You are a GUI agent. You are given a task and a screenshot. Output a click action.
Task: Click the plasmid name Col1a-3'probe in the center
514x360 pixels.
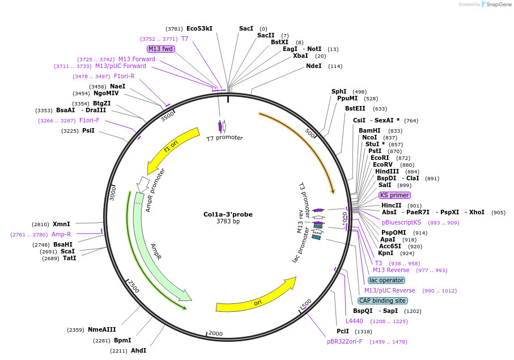tap(228, 214)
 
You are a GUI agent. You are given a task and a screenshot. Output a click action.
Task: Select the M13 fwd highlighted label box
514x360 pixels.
tap(160, 49)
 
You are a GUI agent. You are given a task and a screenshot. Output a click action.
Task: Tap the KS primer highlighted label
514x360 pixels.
tap(394, 195)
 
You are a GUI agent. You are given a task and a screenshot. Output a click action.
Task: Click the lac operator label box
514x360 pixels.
tap(386, 280)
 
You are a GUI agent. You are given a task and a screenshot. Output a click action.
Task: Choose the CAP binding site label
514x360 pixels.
tap(382, 300)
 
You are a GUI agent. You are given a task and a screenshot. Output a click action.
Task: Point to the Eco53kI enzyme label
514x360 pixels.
tap(199, 28)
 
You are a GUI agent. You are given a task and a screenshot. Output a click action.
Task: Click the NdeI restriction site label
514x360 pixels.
tap(313, 66)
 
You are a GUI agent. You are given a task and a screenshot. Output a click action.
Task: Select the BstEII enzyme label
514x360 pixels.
tap(358, 108)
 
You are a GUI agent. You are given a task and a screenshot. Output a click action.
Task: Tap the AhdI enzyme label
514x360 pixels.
tap(138, 350)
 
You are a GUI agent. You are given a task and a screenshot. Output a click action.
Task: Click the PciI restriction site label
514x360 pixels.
tap(343, 331)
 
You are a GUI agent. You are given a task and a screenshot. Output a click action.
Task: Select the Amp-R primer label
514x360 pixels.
tap(61, 234)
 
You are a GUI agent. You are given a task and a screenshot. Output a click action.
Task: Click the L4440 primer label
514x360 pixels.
tap(354, 321)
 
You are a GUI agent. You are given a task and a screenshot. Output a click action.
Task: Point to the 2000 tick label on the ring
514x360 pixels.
tap(215, 333)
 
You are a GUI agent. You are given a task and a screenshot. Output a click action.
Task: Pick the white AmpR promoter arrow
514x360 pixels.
tap(143, 184)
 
